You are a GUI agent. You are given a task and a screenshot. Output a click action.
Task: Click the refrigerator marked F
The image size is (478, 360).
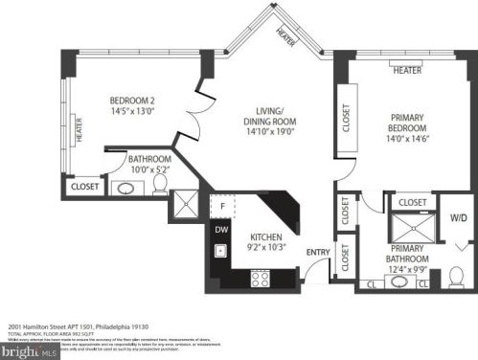222,206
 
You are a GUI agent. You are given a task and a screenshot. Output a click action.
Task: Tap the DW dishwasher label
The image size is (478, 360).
221,230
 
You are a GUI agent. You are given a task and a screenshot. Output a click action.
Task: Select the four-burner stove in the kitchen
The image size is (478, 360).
260,278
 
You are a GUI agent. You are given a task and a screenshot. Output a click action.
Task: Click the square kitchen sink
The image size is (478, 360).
221,252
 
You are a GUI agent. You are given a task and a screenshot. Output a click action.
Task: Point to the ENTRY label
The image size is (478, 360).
317,252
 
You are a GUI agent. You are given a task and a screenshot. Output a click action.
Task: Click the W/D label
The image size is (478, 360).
460,218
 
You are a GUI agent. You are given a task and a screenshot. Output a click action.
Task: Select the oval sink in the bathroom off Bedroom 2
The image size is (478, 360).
125,188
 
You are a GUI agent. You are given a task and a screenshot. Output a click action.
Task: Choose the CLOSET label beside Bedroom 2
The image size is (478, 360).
83,188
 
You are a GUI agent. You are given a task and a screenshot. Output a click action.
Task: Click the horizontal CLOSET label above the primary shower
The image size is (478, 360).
412,202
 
